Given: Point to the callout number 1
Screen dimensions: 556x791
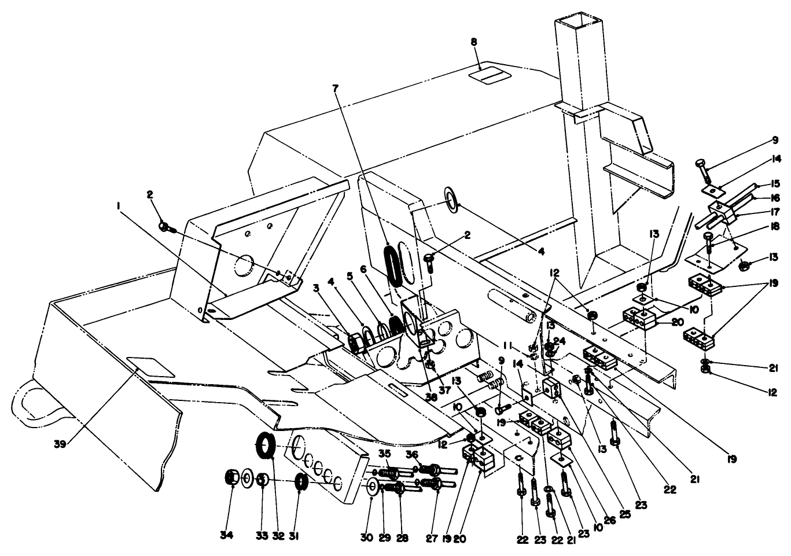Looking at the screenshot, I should pyautogui.click(x=118, y=205).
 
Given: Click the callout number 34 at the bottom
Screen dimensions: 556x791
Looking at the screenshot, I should pyautogui.click(x=226, y=536).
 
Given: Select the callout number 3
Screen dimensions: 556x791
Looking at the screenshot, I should pyautogui.click(x=333, y=287).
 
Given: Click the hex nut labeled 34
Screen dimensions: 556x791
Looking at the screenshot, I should pyautogui.click(x=231, y=478).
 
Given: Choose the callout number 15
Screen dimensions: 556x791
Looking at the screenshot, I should pyautogui.click(x=775, y=184).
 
